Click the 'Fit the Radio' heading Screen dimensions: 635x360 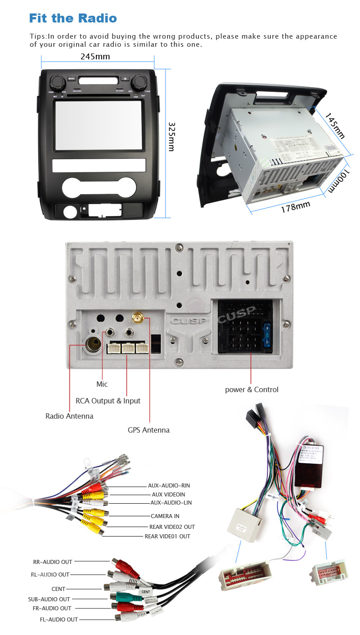coord(73,18)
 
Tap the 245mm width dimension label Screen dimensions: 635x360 coord(95,57)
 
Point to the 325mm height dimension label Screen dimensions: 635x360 coord(171,136)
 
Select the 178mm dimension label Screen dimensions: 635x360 coord(296,207)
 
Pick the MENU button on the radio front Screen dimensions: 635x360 coord(72,78)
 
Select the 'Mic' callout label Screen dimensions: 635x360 coord(102,384)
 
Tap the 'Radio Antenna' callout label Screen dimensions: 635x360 coord(69,416)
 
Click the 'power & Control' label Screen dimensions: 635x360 coord(252,389)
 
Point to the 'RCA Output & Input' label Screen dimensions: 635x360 coord(108,401)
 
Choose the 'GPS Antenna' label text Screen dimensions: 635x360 coord(148,430)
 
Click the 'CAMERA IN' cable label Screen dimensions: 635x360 coord(165,516)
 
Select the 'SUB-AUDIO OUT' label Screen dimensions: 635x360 coord(49,599)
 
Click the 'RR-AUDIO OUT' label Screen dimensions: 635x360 coord(53,562)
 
